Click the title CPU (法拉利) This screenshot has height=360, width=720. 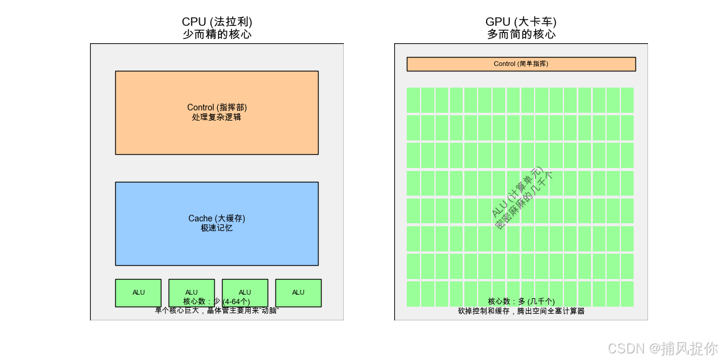[217, 22]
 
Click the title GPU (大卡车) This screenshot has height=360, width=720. [521, 22]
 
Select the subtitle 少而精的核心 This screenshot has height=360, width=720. [217, 34]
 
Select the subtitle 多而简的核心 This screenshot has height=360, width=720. [521, 34]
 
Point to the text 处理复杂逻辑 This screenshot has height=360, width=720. [217, 118]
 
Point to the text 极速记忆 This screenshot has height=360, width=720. [217, 229]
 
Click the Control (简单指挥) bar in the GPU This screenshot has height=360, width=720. [521, 64]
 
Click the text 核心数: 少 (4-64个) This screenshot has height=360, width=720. [217, 301]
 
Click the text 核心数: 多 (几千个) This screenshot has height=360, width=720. [521, 301]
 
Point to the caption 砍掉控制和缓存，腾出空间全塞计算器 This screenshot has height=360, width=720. [521, 311]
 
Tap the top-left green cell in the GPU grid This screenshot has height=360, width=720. [413, 100]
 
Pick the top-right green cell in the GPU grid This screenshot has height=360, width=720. [627, 100]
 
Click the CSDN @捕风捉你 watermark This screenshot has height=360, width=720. [662, 348]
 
